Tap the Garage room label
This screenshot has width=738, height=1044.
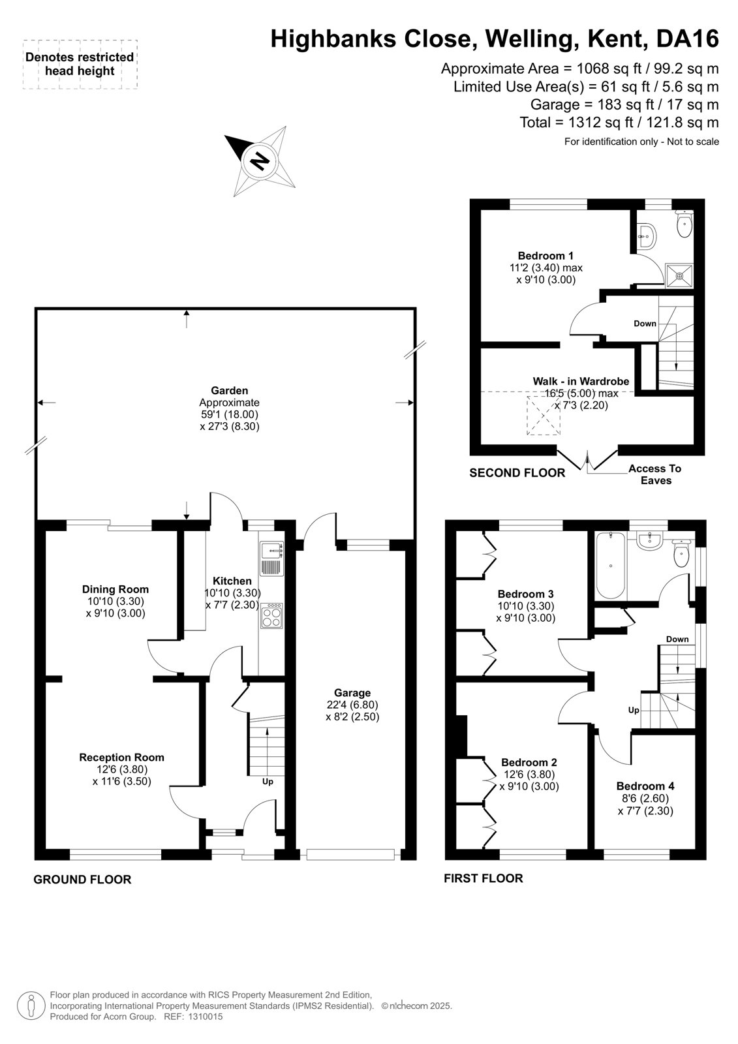pos(352,692)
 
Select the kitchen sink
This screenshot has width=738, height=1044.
pos(271,559)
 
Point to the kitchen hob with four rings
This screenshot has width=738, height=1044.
pos(272,616)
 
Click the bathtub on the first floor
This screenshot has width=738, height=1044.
pos(611,566)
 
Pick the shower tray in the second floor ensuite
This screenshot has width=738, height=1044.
pos(679,275)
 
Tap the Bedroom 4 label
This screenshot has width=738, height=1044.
pos(645,786)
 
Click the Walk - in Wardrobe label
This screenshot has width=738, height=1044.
pos(581,381)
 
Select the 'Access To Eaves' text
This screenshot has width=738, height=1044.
pos(655,474)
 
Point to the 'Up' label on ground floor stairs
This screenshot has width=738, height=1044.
pos(268,782)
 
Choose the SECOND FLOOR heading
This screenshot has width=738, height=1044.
pos(517,473)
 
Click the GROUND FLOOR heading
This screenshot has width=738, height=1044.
pos(82,880)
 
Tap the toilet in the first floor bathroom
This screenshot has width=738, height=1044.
pos(682,553)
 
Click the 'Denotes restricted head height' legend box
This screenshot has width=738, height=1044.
pos(80,65)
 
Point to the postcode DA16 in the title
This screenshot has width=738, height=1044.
pos(687,38)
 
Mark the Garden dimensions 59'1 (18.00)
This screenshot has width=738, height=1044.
pos(228,414)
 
